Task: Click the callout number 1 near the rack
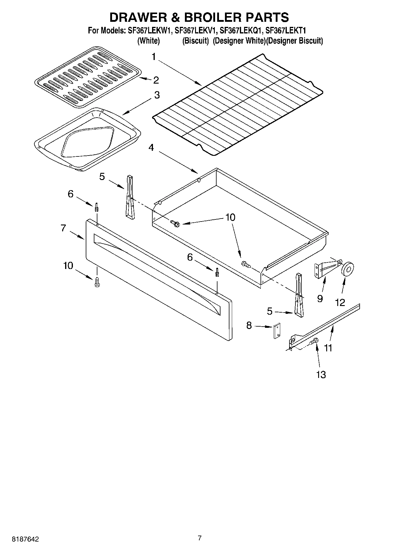pos(154,56)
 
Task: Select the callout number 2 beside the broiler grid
pos(156,80)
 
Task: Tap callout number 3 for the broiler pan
pos(157,95)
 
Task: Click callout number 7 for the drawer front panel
pos(63,228)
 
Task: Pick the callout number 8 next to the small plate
pos(249,325)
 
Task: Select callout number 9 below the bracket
pos(320,298)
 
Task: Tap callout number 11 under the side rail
pos(328,348)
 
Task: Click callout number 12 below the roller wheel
pos(340,302)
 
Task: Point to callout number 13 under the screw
pos(321,374)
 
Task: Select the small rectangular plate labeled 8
pos(277,331)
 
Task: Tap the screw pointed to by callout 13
pos(315,341)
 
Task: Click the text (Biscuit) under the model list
pos(195,41)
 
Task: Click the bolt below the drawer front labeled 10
pos(97,282)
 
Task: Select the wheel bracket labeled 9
pos(325,267)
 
